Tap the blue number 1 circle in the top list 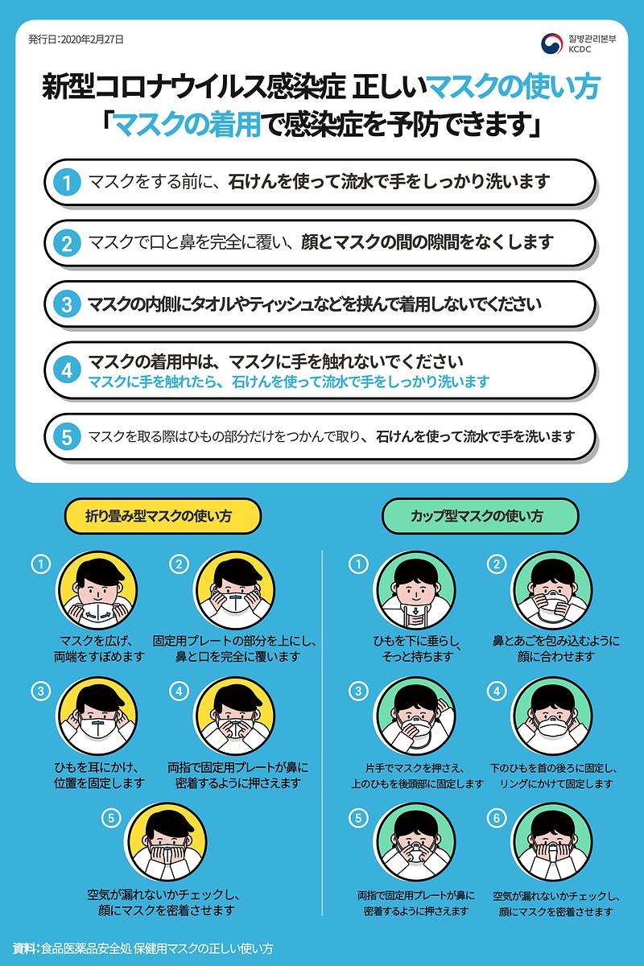(x=68, y=183)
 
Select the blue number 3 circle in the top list (x=68, y=304)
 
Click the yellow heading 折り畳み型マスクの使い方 (x=163, y=516)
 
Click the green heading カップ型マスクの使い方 (x=480, y=516)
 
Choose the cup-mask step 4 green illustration (x=552, y=716)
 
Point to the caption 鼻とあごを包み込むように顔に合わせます (x=555, y=649)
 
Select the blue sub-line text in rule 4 (x=288, y=381)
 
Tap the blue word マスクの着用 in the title (x=188, y=126)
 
